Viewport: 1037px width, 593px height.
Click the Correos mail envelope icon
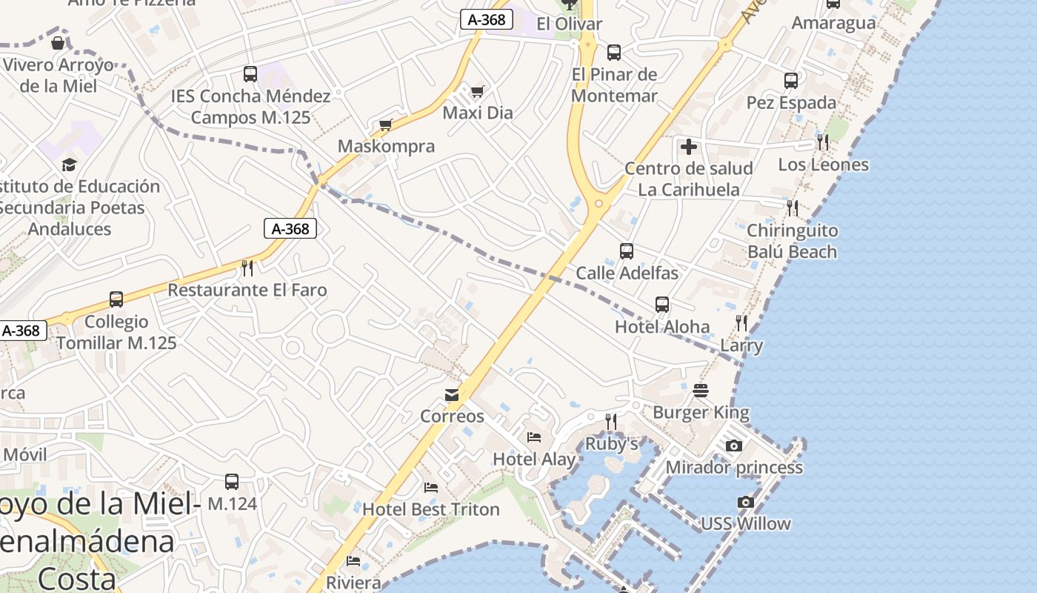[x=452, y=395]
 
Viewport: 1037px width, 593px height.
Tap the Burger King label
[x=701, y=412]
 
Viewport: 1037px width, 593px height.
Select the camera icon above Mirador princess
[x=734, y=445]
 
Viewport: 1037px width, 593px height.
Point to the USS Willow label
[x=746, y=523]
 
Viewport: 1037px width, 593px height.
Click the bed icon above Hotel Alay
[x=534, y=437]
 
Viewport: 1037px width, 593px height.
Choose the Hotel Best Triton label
[x=431, y=509]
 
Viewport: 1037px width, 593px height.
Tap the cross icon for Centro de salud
[x=689, y=147]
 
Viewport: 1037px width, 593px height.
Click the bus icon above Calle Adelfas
[x=627, y=251]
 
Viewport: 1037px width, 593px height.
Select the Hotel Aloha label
[x=662, y=327]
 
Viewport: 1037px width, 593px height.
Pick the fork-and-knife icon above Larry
[x=741, y=322]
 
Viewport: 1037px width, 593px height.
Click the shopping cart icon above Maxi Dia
[x=478, y=91]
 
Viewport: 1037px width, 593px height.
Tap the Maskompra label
[x=386, y=146]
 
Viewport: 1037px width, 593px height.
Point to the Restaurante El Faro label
[x=247, y=290]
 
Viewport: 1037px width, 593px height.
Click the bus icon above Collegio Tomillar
[x=116, y=299]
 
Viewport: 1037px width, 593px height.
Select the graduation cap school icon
[x=70, y=165]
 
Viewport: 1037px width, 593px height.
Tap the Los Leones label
[x=823, y=165]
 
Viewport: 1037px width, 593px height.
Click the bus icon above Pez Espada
[x=791, y=81]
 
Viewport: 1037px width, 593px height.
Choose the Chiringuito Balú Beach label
[x=792, y=241]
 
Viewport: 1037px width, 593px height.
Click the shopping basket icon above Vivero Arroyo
[x=58, y=43]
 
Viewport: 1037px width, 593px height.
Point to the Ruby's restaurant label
[x=612, y=443]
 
